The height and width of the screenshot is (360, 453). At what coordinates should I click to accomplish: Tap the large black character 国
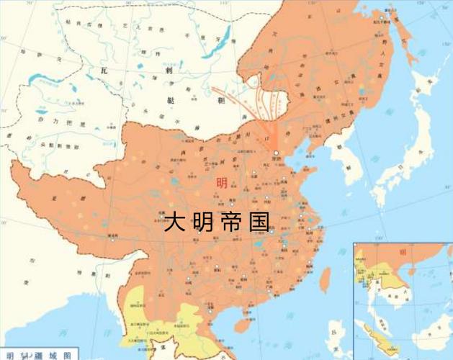click(259, 222)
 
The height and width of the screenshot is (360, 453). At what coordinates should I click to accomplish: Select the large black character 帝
click(230, 222)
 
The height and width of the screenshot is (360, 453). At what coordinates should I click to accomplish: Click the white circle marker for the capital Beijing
click(276, 153)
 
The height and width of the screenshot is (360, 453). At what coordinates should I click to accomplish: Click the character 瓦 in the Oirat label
click(106, 71)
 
